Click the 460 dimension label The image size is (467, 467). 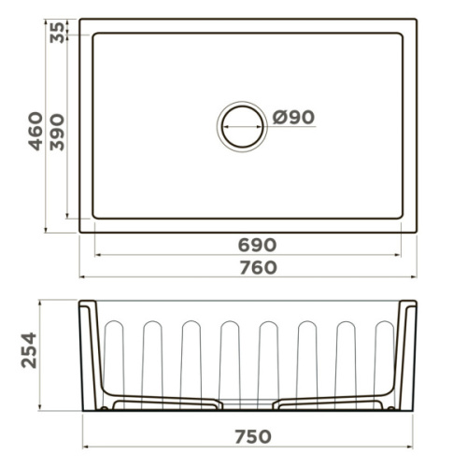click(35, 131)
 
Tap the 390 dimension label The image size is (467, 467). click(57, 133)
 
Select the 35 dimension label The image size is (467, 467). click(57, 33)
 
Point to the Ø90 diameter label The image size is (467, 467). click(293, 117)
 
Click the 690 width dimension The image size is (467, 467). click(257, 245)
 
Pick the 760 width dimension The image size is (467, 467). click(258, 268)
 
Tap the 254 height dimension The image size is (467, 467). click(29, 350)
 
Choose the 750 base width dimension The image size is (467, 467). click(253, 436)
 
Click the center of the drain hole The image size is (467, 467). click(242, 126)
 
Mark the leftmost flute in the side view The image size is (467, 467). click(114, 364)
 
